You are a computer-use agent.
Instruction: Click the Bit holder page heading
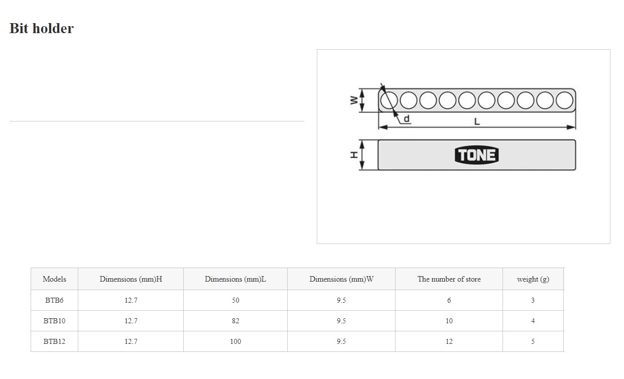pyautogui.click(x=42, y=28)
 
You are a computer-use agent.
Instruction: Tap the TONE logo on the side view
pyautogui.click(x=476, y=155)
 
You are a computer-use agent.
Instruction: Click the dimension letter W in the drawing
pyautogui.click(x=354, y=100)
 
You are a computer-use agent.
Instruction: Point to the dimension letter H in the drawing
pyautogui.click(x=354, y=155)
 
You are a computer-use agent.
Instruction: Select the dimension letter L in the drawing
pyautogui.click(x=477, y=121)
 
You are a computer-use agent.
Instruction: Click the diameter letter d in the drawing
pyautogui.click(x=407, y=118)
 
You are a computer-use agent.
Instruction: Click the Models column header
pyautogui.click(x=54, y=279)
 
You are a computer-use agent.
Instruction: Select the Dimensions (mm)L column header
pyautogui.click(x=235, y=279)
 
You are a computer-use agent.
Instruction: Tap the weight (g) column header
pyautogui.click(x=533, y=279)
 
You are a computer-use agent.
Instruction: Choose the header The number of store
pyautogui.click(x=449, y=279)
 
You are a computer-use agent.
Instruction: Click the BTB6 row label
pyautogui.click(x=54, y=300)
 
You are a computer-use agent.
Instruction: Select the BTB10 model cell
pyautogui.click(x=54, y=321)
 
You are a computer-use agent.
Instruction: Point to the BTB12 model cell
pyautogui.click(x=54, y=341)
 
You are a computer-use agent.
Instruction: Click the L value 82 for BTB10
pyautogui.click(x=235, y=321)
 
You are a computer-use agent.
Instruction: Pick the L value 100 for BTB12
pyautogui.click(x=235, y=341)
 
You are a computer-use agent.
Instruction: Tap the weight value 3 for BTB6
pyautogui.click(x=533, y=300)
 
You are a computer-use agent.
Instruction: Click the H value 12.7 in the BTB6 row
pyautogui.click(x=131, y=300)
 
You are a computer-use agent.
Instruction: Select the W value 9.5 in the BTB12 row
pyautogui.click(x=341, y=341)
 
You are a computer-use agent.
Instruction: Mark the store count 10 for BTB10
pyautogui.click(x=449, y=321)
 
